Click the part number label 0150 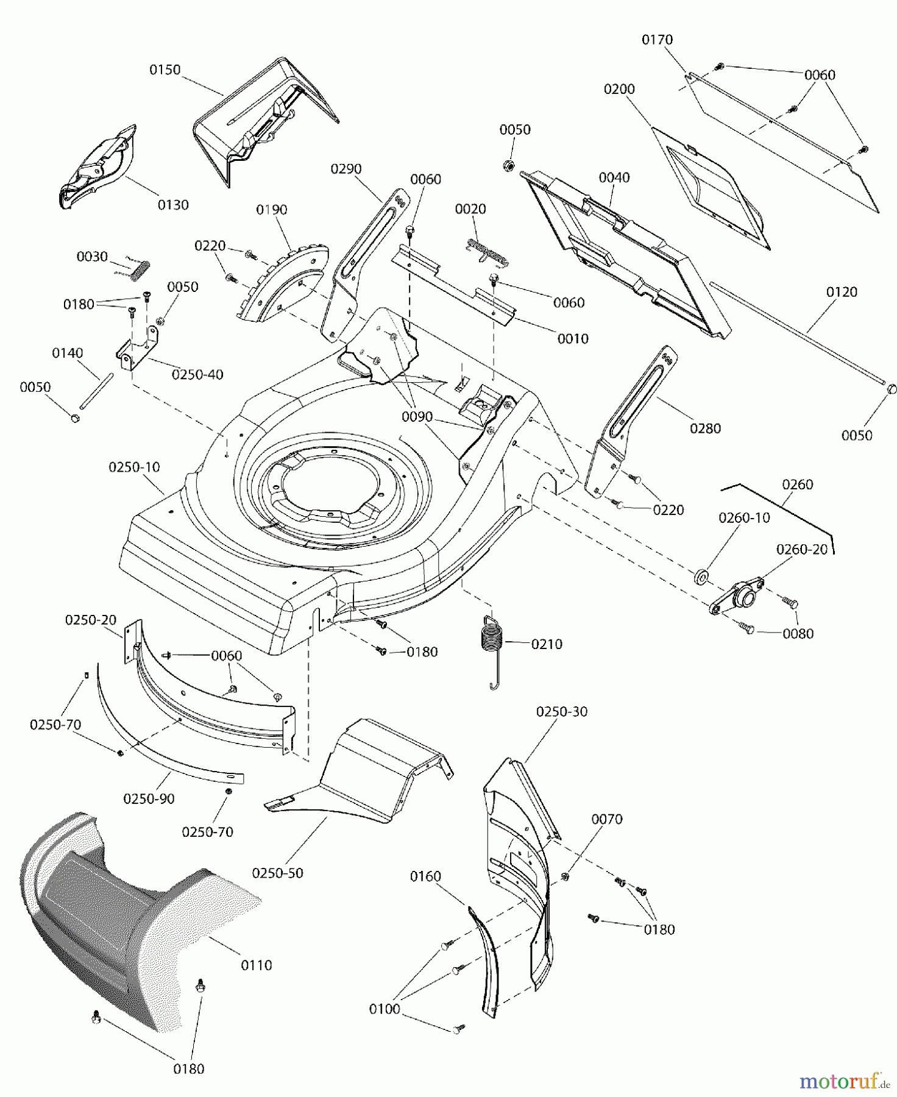pyautogui.click(x=165, y=70)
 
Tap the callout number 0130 pyautogui.click(x=173, y=205)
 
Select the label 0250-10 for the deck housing pyautogui.click(x=134, y=467)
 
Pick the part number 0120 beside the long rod pyautogui.click(x=842, y=293)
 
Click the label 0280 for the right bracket pyautogui.click(x=705, y=428)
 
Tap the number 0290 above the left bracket pyautogui.click(x=346, y=169)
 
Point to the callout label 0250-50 pyautogui.click(x=277, y=873)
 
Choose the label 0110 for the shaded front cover pyautogui.click(x=257, y=965)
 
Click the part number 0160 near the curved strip pyautogui.click(x=425, y=876)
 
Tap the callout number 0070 pyautogui.click(x=607, y=820)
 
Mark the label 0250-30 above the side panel pyautogui.click(x=562, y=712)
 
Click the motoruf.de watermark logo pyautogui.click(x=844, y=1082)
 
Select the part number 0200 pyautogui.click(x=619, y=90)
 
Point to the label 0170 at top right pyautogui.click(x=657, y=40)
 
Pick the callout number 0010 pyautogui.click(x=573, y=339)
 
